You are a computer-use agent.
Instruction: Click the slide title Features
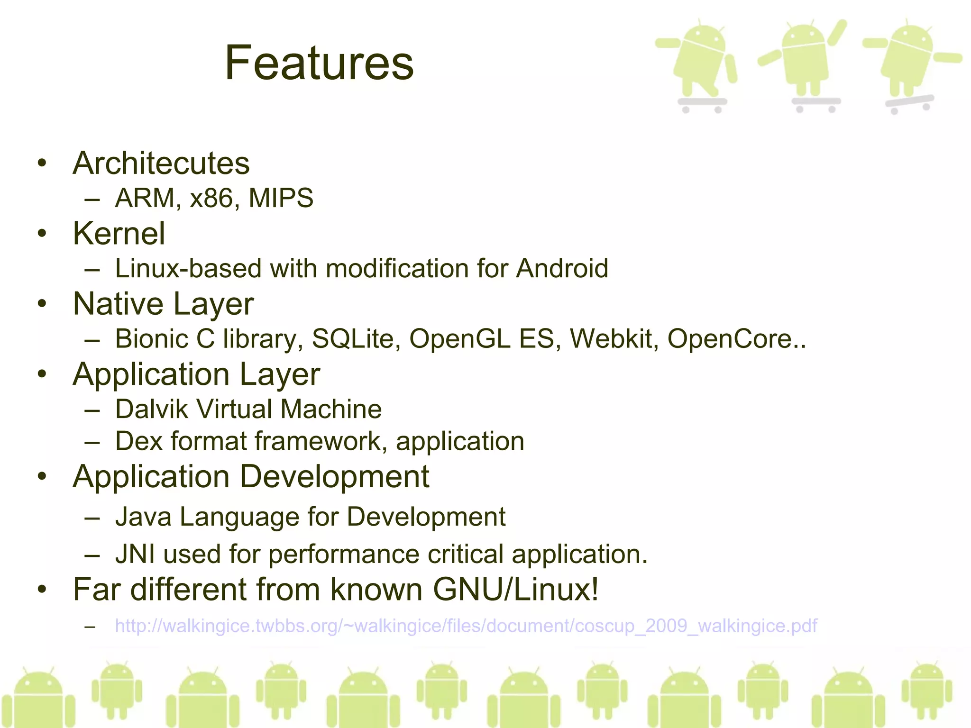click(319, 63)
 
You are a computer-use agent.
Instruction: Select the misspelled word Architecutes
click(161, 164)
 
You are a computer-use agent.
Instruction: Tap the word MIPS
click(281, 198)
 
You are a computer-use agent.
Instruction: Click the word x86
click(211, 198)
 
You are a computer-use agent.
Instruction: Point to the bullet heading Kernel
click(119, 234)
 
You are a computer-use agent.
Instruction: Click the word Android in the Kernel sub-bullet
click(562, 269)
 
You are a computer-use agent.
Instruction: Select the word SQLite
click(352, 339)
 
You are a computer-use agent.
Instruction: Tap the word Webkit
click(611, 339)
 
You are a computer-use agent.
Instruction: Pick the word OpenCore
click(730, 339)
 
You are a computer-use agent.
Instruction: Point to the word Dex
click(138, 441)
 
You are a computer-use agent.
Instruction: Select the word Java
click(143, 517)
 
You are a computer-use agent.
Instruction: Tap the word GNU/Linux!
click(515, 590)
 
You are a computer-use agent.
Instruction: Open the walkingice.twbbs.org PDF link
click(466, 626)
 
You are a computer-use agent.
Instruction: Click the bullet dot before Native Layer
click(43, 304)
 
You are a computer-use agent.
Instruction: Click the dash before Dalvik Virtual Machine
click(92, 410)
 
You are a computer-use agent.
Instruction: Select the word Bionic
click(152, 339)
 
